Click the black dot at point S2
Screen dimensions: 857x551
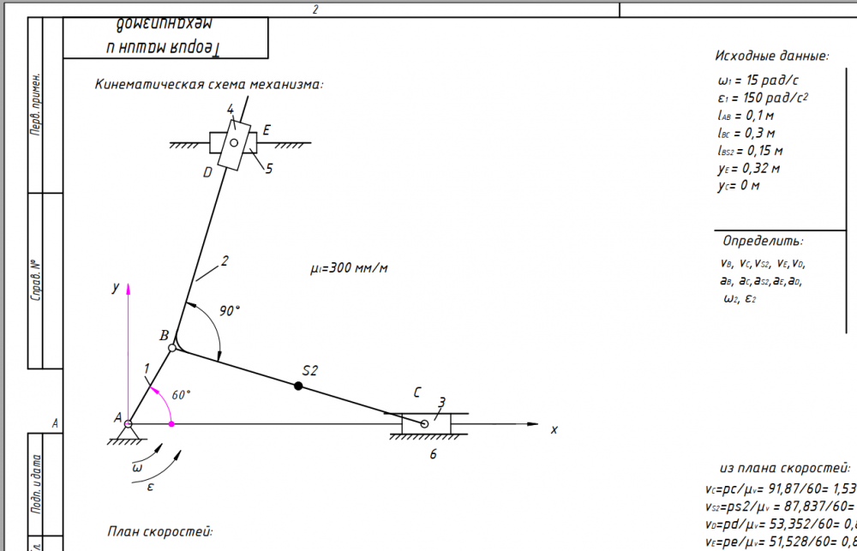[298, 386]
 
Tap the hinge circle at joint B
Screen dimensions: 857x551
[173, 348]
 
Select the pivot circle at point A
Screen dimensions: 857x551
[129, 423]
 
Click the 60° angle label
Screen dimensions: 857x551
[181, 395]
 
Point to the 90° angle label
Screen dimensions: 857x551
[229, 310]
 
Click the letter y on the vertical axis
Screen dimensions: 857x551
[114, 289]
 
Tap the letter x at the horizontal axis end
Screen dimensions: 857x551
[554, 429]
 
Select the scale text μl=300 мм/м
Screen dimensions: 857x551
[349, 268]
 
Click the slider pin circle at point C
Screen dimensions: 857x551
[424, 423]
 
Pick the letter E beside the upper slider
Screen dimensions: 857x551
[267, 130]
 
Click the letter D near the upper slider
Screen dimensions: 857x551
[207, 172]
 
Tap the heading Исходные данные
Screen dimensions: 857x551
[772, 56]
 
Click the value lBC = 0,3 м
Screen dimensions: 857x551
[746, 133]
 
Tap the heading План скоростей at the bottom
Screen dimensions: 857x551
[159, 531]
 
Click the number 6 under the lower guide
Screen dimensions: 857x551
[433, 454]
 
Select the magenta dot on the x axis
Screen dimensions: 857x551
[171, 423]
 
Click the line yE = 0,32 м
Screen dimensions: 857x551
[749, 168]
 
